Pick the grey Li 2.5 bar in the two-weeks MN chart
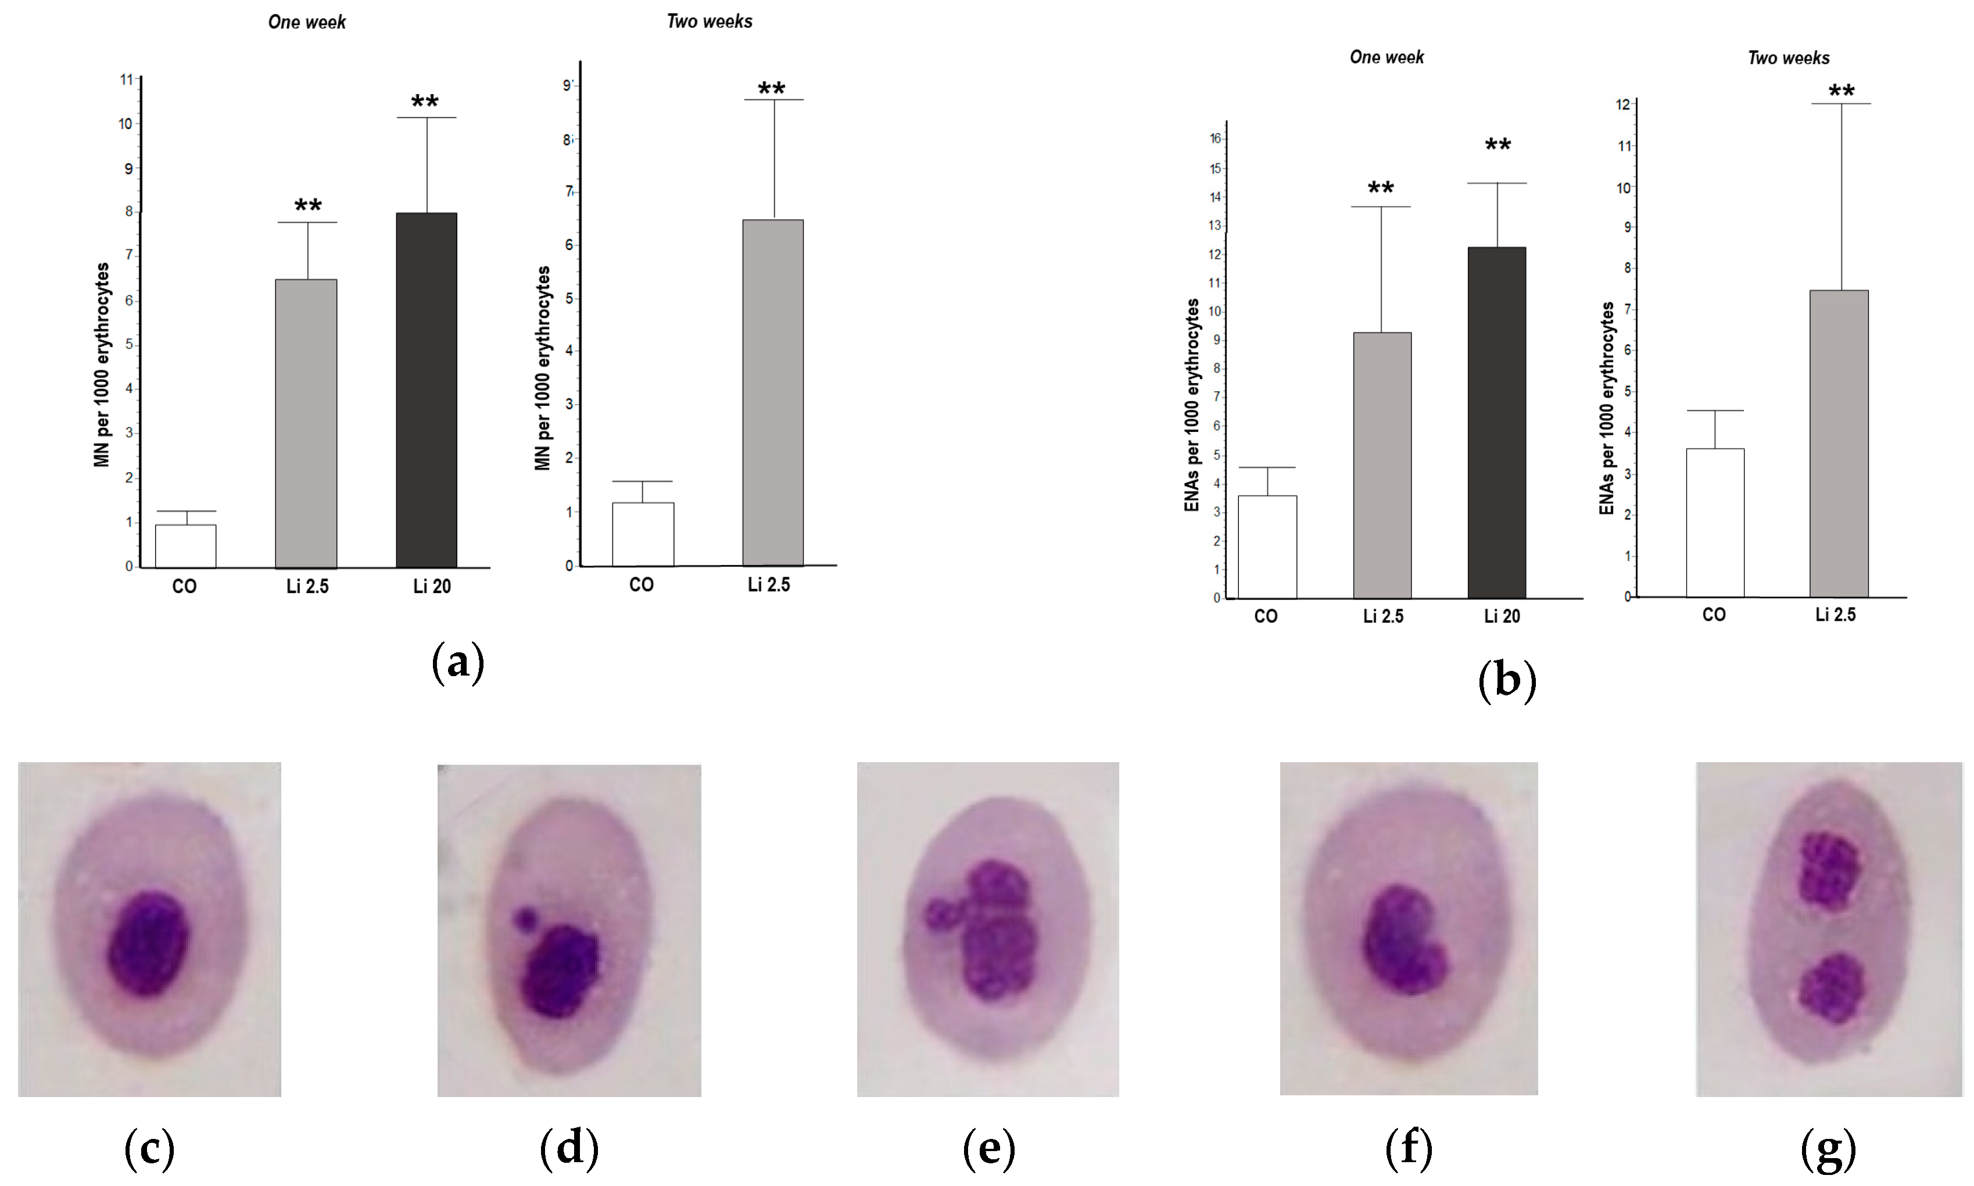772,392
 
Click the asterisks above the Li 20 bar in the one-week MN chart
424,102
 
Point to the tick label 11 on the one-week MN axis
126,79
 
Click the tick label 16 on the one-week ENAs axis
1215,138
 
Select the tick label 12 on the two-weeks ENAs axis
1622,105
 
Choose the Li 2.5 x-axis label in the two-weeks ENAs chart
1835,615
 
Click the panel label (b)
1507,680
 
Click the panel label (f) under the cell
1407,1148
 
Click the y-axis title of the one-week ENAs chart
1192,405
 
